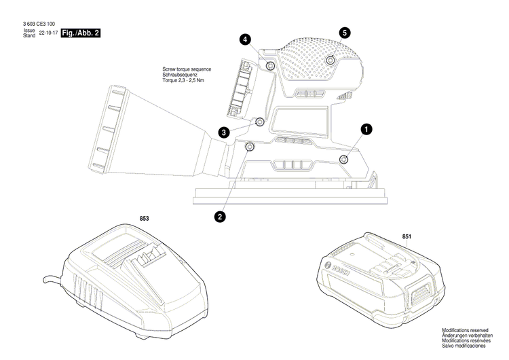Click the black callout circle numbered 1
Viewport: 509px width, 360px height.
[x=366, y=128]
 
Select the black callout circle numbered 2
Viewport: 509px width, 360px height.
[x=220, y=217]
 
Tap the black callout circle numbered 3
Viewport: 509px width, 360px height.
[x=223, y=132]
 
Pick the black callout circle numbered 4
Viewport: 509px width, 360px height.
[x=244, y=40]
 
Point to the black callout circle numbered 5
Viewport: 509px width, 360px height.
[x=345, y=33]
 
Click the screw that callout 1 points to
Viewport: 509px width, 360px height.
[x=343, y=159]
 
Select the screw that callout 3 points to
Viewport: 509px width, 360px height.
[x=259, y=122]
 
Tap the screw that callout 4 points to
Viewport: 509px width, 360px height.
[x=270, y=65]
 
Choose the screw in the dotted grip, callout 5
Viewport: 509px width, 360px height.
[x=330, y=60]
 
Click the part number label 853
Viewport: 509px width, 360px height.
[x=144, y=219]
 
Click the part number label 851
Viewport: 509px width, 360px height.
[x=407, y=236]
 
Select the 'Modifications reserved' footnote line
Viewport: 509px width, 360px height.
[x=465, y=329]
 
